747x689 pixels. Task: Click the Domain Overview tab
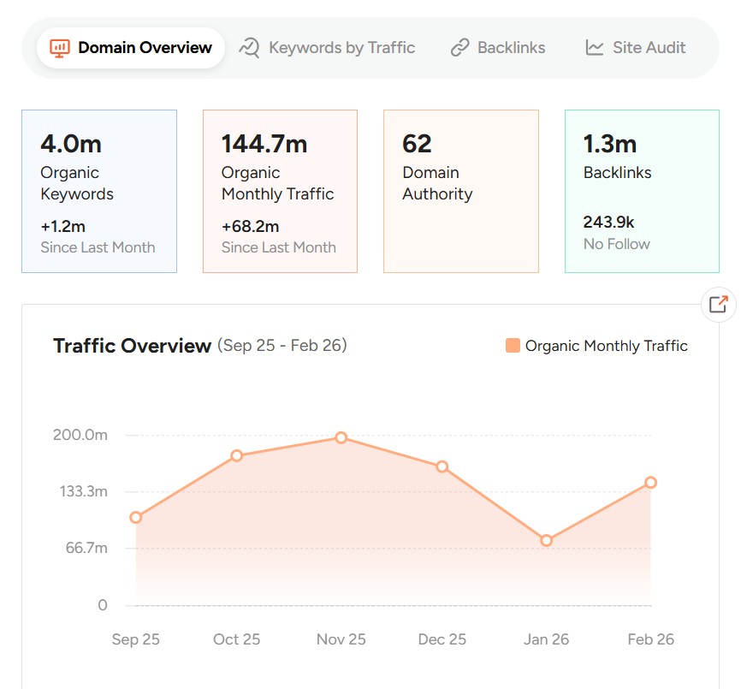click(x=131, y=48)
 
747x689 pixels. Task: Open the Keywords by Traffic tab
click(x=327, y=48)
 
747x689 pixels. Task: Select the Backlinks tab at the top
click(x=498, y=48)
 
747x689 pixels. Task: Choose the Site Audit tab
click(x=636, y=48)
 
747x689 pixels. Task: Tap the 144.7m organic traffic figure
click(x=264, y=144)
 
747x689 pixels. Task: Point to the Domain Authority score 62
click(x=417, y=144)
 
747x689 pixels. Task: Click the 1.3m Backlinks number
click(x=610, y=144)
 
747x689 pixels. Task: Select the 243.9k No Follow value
click(x=608, y=223)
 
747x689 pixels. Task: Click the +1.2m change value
click(x=62, y=227)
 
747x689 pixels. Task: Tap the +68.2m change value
click(x=250, y=227)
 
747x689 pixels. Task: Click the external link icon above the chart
click(x=718, y=304)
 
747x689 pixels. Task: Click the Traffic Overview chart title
click(x=132, y=346)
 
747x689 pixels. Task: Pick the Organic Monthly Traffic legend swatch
click(x=513, y=346)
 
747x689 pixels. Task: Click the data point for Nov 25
click(x=341, y=437)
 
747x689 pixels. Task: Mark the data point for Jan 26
click(x=547, y=540)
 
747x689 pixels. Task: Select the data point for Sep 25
click(x=136, y=517)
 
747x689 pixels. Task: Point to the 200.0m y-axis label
click(x=80, y=435)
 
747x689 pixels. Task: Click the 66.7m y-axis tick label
click(x=86, y=548)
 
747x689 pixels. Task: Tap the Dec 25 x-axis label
click(x=442, y=639)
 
